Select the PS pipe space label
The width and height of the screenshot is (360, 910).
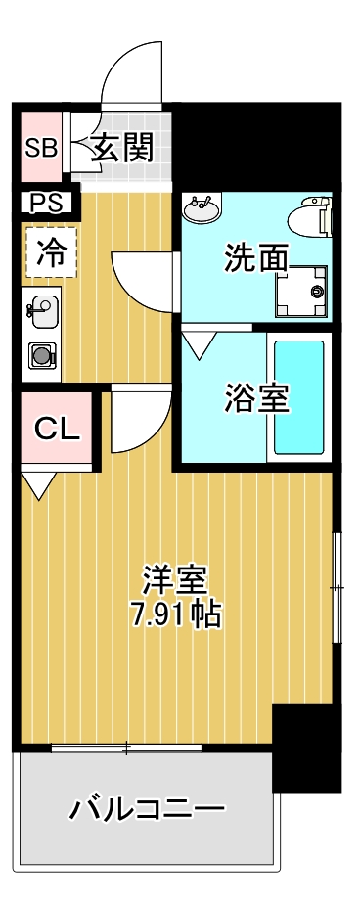pyautogui.click(x=44, y=204)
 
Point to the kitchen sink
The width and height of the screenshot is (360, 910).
pyautogui.click(x=42, y=313)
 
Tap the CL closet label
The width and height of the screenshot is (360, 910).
pyautogui.click(x=57, y=429)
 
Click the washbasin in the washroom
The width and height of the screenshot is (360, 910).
pyautogui.click(x=203, y=206)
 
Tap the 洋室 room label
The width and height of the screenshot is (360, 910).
pyautogui.click(x=174, y=580)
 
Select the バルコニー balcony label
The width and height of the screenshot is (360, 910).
pyautogui.click(x=147, y=810)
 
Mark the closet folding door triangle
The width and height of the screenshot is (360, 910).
pyautogui.click(x=39, y=484)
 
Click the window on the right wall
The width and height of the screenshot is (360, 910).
pyautogui.click(x=336, y=587)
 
